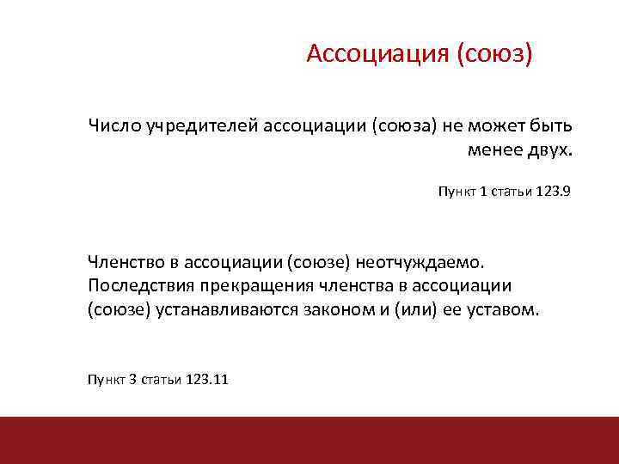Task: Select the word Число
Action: [x=113, y=126]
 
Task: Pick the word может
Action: [x=498, y=126]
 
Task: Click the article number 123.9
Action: [x=553, y=192]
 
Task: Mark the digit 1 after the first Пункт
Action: [x=483, y=192]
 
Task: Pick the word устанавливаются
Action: [x=226, y=309]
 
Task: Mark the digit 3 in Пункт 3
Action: [x=132, y=379]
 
